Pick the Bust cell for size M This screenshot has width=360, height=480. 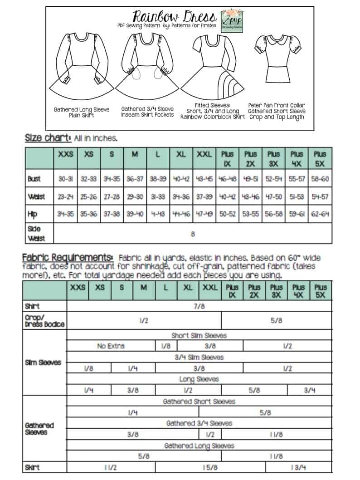pos(135,179)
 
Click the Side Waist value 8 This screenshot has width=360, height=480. pos(193,235)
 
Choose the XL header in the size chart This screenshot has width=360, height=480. pos(181,154)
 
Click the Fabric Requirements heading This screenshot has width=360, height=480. pos(68,257)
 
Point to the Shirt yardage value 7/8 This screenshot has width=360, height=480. pos(199,306)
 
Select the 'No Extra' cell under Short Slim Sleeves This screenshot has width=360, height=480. pos(111,346)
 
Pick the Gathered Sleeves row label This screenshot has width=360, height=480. pos(39,429)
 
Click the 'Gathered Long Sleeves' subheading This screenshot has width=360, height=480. pos(199,446)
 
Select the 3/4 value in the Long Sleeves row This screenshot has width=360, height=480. pos(310,390)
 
